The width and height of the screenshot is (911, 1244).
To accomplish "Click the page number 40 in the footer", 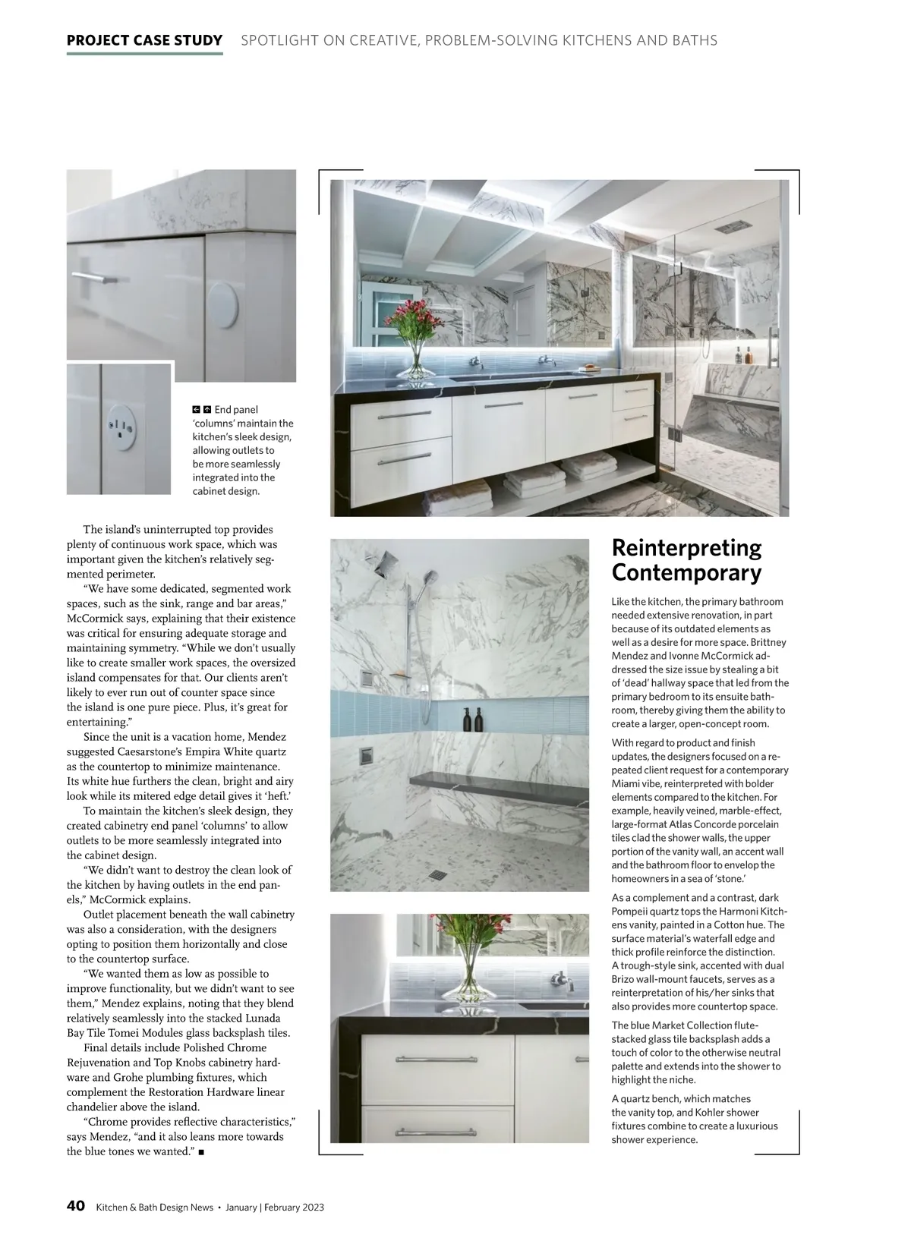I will [x=75, y=1206].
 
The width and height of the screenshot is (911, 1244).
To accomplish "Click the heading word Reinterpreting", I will [x=686, y=548].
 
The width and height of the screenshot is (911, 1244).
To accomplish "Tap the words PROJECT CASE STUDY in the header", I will [x=144, y=40].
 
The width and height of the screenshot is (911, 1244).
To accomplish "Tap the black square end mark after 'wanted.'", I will [x=201, y=1151].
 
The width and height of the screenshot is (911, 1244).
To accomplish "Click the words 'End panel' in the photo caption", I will [x=235, y=410].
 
